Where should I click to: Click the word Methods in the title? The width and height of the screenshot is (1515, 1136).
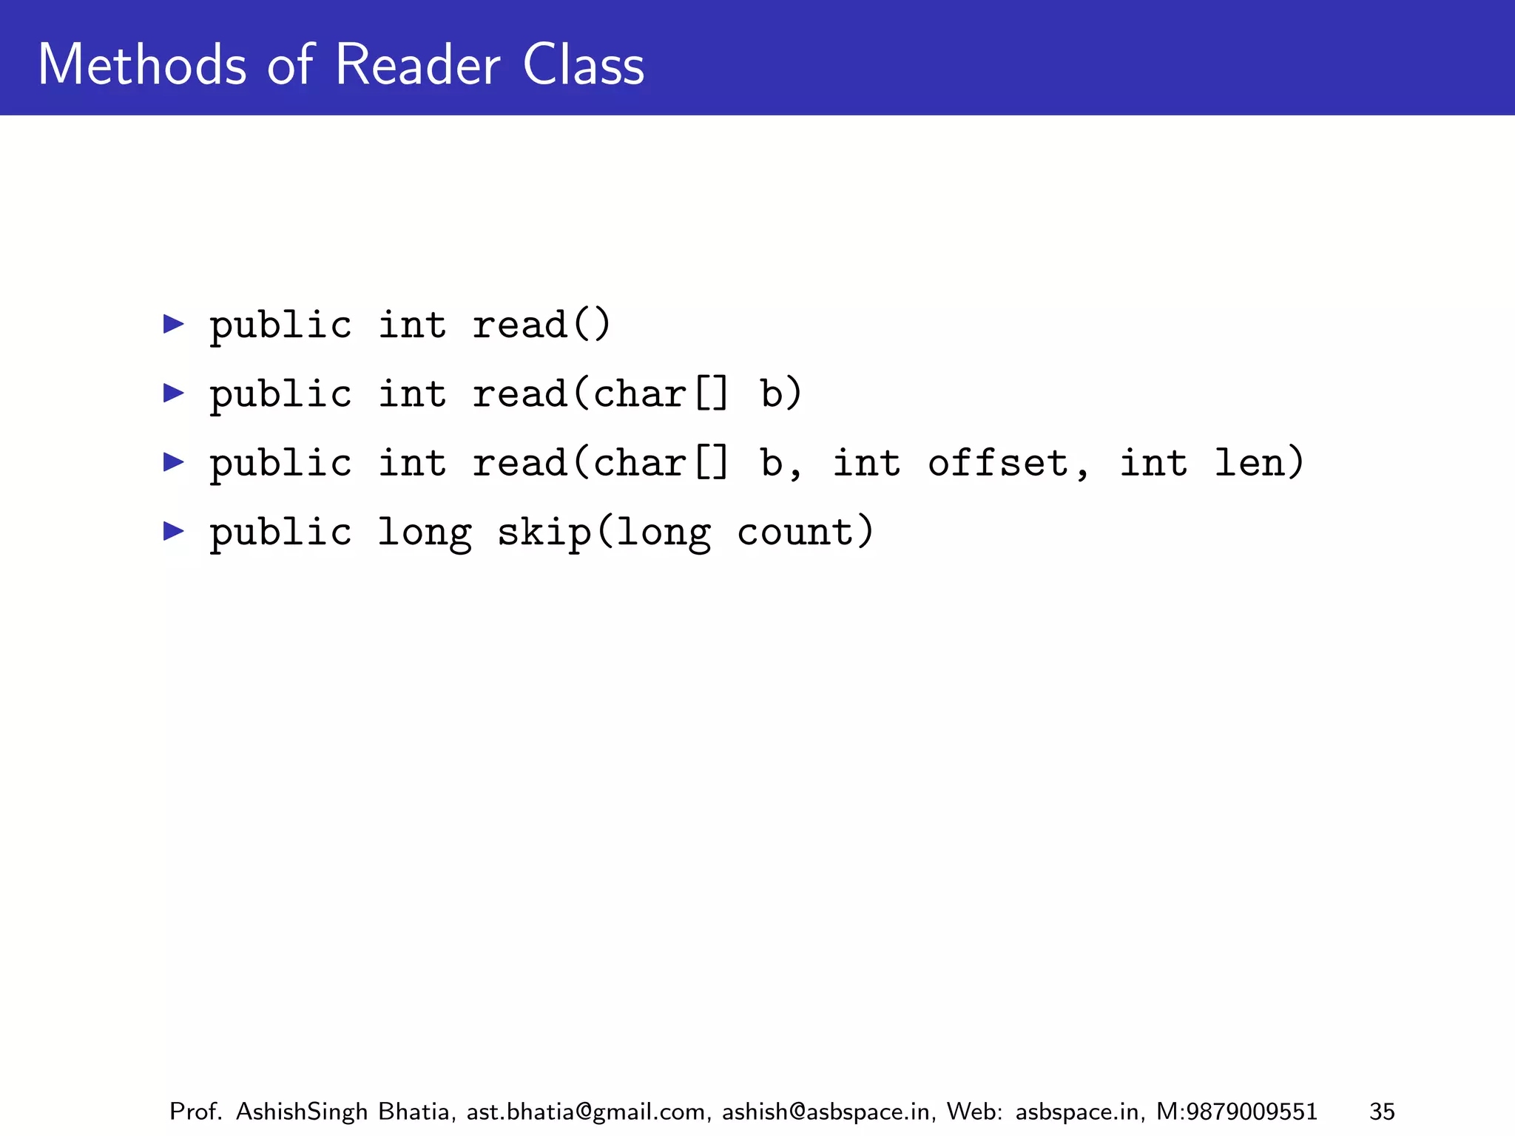click(x=141, y=65)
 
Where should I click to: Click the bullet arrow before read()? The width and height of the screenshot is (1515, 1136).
click(x=174, y=324)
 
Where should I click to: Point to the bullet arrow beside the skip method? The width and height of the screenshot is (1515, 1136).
click(x=174, y=530)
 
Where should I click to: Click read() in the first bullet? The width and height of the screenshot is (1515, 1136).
click(x=541, y=325)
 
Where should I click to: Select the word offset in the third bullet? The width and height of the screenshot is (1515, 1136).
click(x=998, y=463)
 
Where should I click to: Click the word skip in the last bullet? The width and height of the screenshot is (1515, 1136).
click(x=544, y=532)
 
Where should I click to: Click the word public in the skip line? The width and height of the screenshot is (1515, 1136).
click(x=280, y=532)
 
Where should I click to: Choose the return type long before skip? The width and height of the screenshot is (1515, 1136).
click(x=424, y=532)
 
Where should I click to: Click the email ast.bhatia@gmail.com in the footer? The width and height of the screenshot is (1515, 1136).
click(x=586, y=1112)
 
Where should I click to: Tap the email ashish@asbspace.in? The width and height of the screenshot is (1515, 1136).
click(x=826, y=1112)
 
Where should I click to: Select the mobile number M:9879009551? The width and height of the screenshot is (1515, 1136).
click(x=1236, y=1112)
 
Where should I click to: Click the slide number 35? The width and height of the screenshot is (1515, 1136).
click(x=1382, y=1112)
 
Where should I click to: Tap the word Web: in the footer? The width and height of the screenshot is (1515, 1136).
click(x=974, y=1112)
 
